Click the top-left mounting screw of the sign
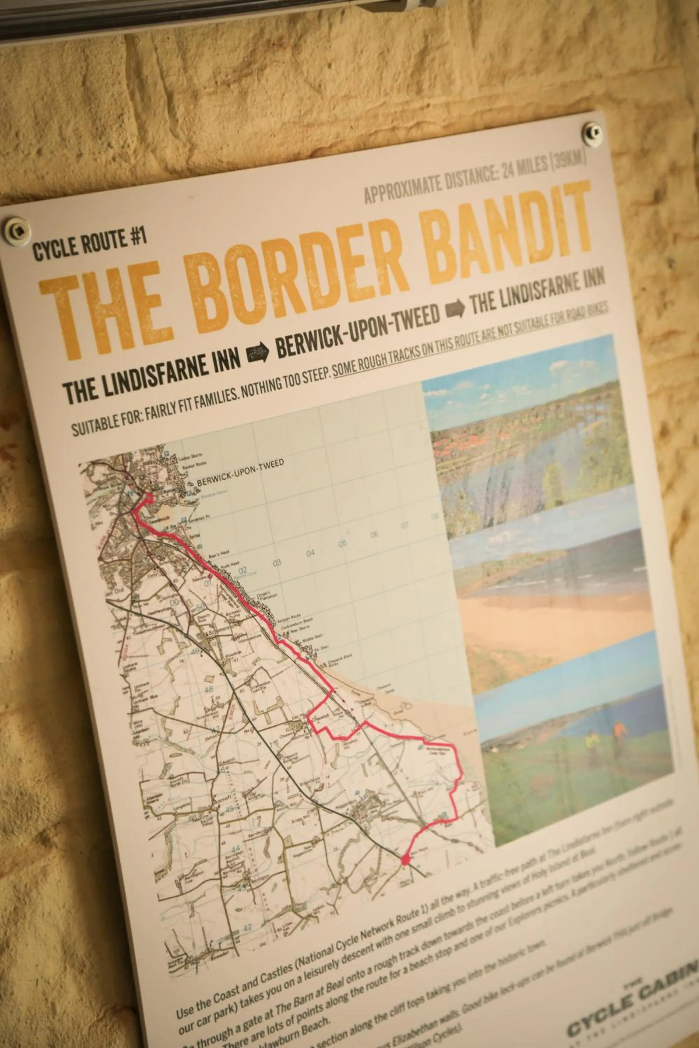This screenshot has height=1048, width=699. [17, 230]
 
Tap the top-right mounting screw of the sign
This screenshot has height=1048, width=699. [592, 132]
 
